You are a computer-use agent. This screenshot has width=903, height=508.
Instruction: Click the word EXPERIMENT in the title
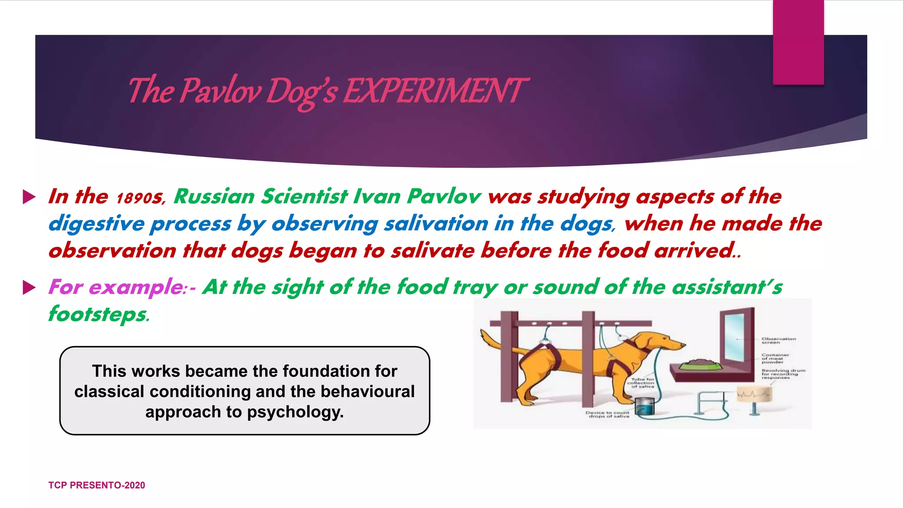click(x=434, y=91)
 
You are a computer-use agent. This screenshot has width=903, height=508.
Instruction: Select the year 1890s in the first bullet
click(x=140, y=198)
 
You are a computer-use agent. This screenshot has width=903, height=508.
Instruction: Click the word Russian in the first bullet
click(x=214, y=197)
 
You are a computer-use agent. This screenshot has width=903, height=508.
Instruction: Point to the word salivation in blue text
click(x=436, y=224)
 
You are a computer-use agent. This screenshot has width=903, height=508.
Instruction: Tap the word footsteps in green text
click(x=98, y=315)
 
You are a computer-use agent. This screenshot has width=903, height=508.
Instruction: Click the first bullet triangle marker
click(x=29, y=197)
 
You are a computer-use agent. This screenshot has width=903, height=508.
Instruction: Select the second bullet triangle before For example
click(x=29, y=288)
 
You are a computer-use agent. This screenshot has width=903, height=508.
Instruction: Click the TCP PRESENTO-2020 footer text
click(x=97, y=485)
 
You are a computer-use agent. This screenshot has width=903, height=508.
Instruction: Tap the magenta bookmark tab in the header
click(x=798, y=42)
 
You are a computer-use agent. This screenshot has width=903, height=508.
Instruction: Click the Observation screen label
click(x=779, y=340)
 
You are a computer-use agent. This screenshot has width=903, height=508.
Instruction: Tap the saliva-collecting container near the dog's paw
click(x=644, y=406)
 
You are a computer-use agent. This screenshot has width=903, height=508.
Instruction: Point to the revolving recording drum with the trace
click(x=754, y=394)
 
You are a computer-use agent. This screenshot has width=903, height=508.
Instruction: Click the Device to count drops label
click(x=608, y=415)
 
